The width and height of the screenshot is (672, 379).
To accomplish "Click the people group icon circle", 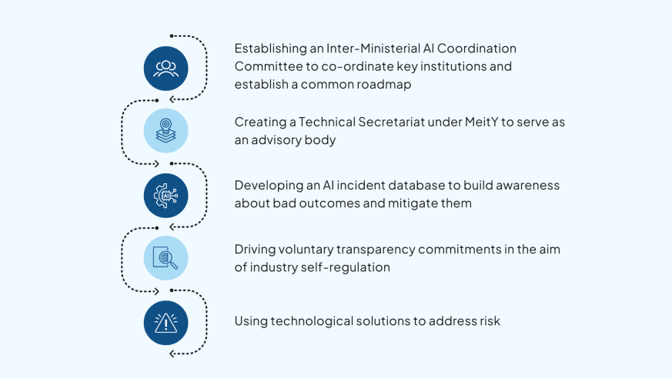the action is coord(165,69).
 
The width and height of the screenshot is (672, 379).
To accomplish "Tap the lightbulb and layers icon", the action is coord(165,131).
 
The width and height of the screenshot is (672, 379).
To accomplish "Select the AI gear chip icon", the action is coord(165,196).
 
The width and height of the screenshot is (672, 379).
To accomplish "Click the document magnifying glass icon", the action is coord(165,257).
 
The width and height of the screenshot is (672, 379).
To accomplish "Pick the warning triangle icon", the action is coord(165,323).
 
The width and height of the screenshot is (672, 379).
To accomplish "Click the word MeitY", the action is coord(482,122).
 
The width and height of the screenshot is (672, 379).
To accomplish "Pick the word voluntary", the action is coord(306,250).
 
